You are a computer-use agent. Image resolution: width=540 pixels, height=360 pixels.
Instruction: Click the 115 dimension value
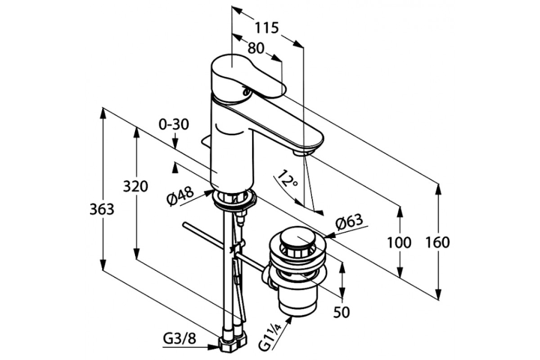point(266,28)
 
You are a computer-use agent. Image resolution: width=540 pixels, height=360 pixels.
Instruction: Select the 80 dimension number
point(256,48)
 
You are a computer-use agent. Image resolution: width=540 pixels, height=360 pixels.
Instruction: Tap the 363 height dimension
point(102,209)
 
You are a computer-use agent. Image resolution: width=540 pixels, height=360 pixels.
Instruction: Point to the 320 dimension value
point(135,186)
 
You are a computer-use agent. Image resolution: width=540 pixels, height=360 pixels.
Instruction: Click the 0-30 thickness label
point(174,125)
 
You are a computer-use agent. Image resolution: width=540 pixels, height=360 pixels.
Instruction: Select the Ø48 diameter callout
point(181,196)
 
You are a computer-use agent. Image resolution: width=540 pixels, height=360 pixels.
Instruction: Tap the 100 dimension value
point(399,243)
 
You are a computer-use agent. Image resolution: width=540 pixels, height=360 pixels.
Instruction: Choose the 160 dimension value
point(438,243)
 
